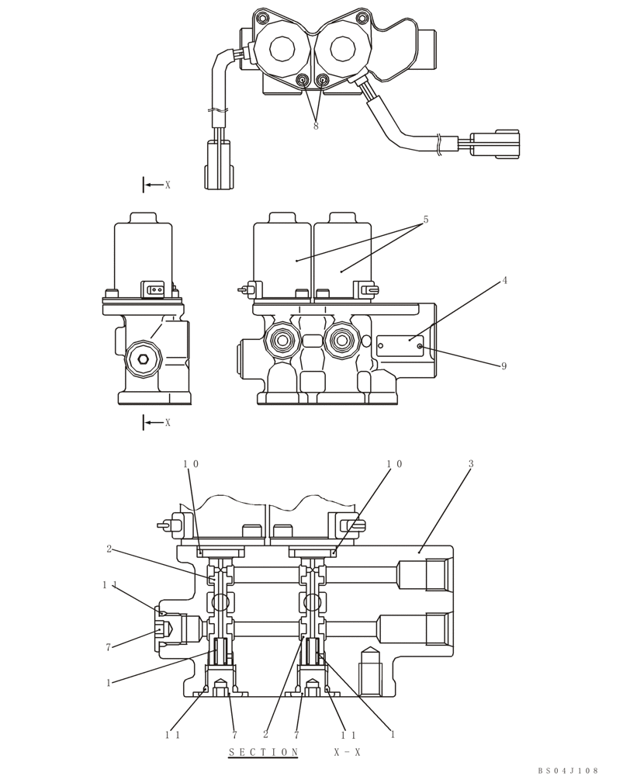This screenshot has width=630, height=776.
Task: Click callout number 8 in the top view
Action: pyautogui.click(x=316, y=126)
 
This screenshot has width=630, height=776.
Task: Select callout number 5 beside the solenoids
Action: pyautogui.click(x=425, y=220)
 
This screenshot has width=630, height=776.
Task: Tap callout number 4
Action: pyautogui.click(x=504, y=280)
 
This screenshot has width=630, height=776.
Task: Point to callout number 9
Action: pyautogui.click(x=504, y=366)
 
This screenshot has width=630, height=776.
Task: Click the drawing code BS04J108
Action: pyautogui.click(x=568, y=770)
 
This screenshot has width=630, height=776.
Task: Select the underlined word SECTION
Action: pyautogui.click(x=263, y=752)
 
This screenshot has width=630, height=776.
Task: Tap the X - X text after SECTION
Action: pyautogui.click(x=347, y=752)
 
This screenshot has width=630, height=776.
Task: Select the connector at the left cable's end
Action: pyautogui.click(x=218, y=165)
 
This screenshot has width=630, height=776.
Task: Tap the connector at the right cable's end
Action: pyautogui.click(x=496, y=144)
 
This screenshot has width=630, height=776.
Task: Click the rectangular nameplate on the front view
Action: pyautogui.click(x=400, y=346)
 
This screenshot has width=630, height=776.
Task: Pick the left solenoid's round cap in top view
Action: pyautogui.click(x=282, y=49)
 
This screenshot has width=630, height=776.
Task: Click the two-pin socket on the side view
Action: pyautogui.click(x=153, y=290)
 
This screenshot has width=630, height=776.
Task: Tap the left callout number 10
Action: pyautogui.click(x=191, y=464)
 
